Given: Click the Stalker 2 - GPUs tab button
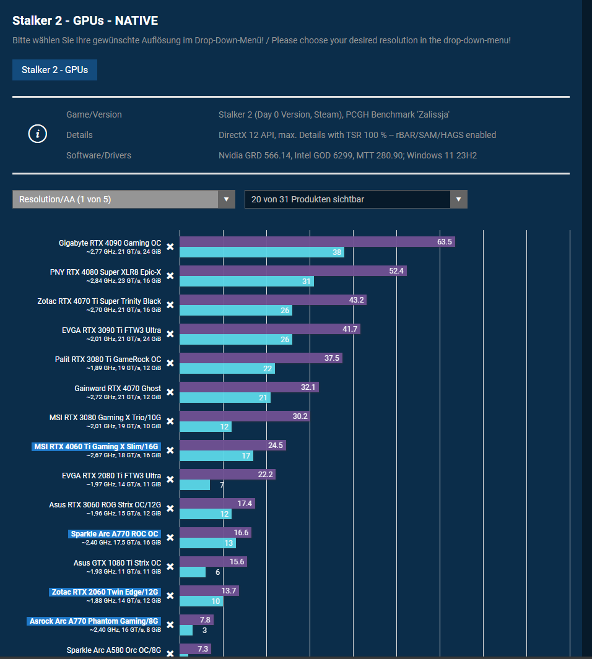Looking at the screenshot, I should point(54,70).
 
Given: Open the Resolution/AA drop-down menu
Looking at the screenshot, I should point(123,199).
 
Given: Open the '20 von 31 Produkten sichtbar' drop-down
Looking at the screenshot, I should point(355,199).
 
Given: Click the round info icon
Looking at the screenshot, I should point(38,134).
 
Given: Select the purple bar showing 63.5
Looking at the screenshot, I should point(317,242).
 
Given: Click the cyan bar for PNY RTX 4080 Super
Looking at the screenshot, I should point(246,282).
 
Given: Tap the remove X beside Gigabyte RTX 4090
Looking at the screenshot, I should point(170,247).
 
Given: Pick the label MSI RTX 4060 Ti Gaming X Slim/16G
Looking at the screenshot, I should point(96,446).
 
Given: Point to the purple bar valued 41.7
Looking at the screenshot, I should point(270,329).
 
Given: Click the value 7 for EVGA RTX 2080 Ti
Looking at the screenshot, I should point(222,485).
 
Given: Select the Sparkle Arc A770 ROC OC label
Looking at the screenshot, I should point(115,534).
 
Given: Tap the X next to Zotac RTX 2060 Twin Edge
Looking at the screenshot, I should point(170,596).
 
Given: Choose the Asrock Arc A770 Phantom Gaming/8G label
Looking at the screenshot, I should point(94,621).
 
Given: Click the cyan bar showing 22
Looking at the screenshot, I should point(227,369).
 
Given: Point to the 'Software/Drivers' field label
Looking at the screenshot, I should point(98,155).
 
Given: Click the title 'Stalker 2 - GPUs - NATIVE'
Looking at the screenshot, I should point(85,21).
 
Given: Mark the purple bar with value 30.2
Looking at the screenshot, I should point(245,416).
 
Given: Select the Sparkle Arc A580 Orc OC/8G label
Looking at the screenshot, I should point(113,650).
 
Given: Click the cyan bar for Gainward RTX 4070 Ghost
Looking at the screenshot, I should point(225,398).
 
